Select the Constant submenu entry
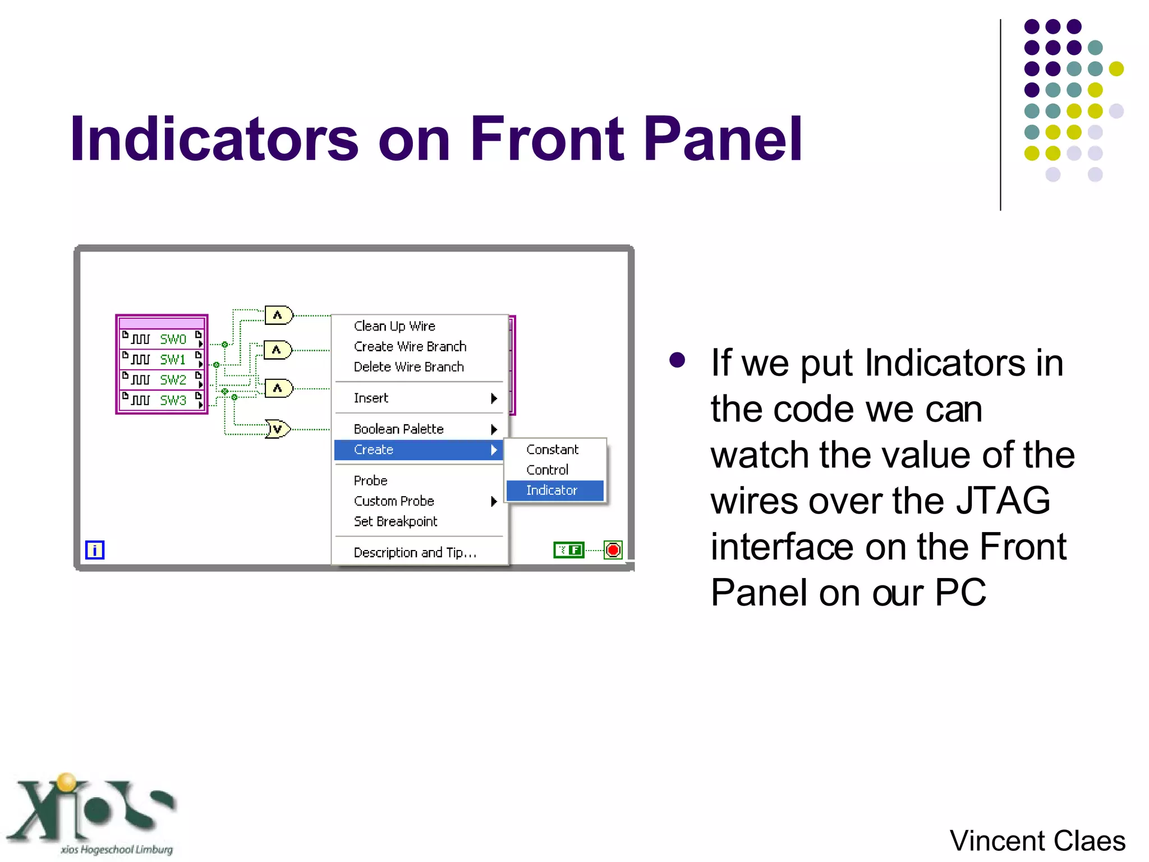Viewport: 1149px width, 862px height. pyautogui.click(x=552, y=450)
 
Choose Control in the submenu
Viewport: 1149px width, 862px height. pyautogui.click(x=547, y=470)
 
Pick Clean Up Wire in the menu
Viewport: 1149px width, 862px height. pyautogui.click(x=394, y=326)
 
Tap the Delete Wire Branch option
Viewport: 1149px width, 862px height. pyautogui.click(x=408, y=367)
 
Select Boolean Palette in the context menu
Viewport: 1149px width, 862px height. pyautogui.click(x=399, y=429)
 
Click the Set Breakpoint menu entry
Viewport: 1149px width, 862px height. pyautogui.click(x=395, y=521)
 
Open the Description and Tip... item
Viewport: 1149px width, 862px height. pyautogui.click(x=415, y=553)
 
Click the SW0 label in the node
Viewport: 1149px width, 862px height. pyautogui.click(x=173, y=339)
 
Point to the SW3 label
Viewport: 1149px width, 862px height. pyautogui.click(x=173, y=400)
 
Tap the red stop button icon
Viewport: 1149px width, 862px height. pyautogui.click(x=613, y=550)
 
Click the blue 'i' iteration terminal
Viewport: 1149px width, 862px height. pyautogui.click(x=95, y=550)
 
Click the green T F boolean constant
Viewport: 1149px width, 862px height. pyautogui.click(x=568, y=550)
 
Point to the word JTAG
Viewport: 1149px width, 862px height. pyautogui.click(x=1003, y=501)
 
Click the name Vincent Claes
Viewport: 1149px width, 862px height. pyautogui.click(x=1037, y=841)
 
